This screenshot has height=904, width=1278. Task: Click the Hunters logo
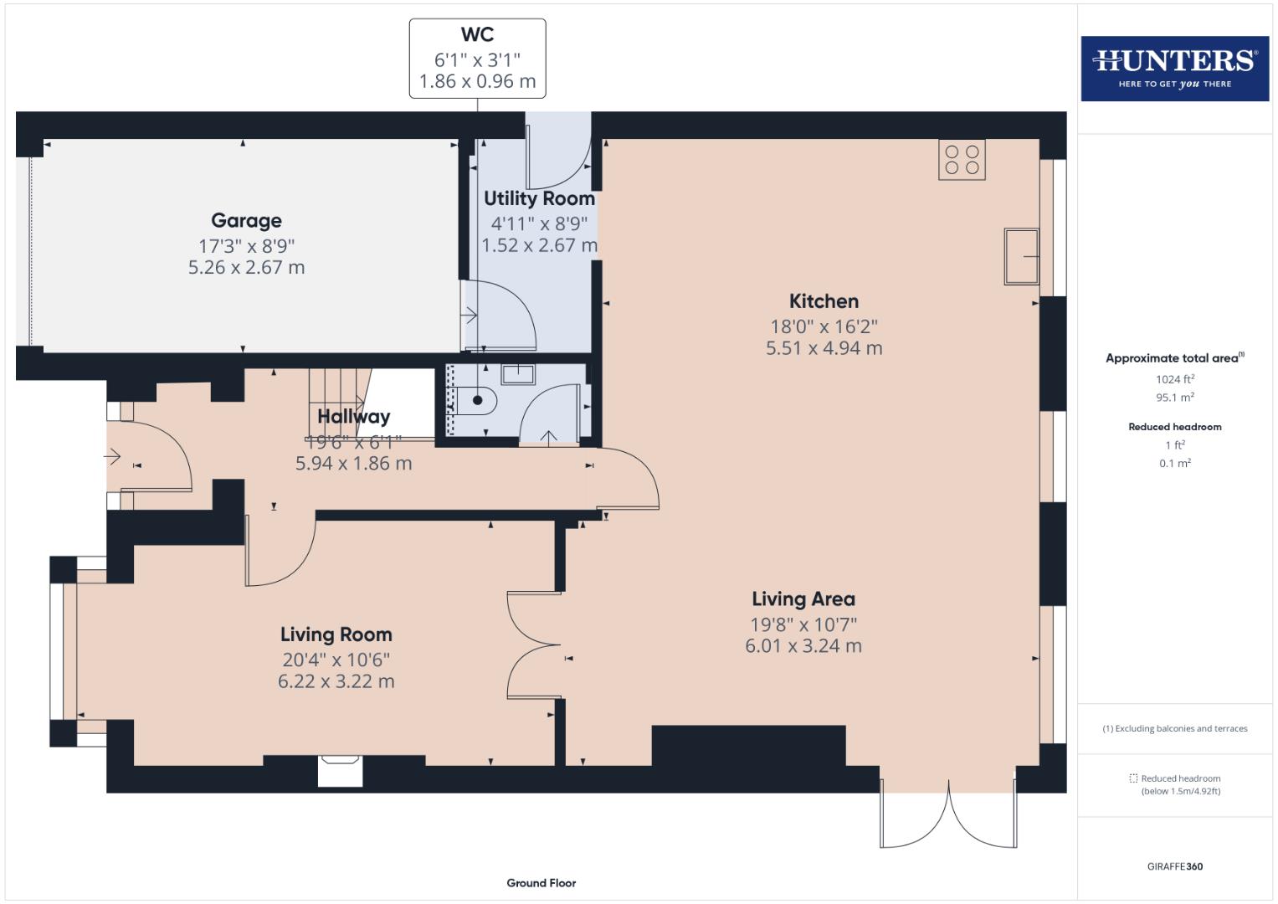tap(1174, 68)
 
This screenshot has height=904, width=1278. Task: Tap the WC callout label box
tap(477, 59)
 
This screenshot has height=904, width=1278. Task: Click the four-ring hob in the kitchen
tap(962, 160)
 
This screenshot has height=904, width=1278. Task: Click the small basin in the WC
tap(518, 372)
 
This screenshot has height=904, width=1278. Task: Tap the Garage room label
tap(246, 221)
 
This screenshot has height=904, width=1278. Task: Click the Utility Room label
tap(539, 199)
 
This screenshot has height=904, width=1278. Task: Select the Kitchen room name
tap(824, 301)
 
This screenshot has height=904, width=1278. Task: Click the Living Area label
tap(803, 599)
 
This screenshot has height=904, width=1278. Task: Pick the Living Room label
tap(336, 635)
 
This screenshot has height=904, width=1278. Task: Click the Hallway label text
tap(353, 417)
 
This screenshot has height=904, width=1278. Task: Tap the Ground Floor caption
tap(541, 883)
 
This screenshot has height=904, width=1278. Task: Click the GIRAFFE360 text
tap(1174, 866)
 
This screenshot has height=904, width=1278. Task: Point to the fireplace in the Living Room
tap(341, 769)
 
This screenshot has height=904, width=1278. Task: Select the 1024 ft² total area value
tap(1174, 379)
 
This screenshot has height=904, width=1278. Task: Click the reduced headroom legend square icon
tap(1133, 778)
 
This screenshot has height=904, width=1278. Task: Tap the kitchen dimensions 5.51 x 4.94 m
tap(824, 348)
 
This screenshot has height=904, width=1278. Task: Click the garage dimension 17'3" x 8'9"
tap(246, 246)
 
